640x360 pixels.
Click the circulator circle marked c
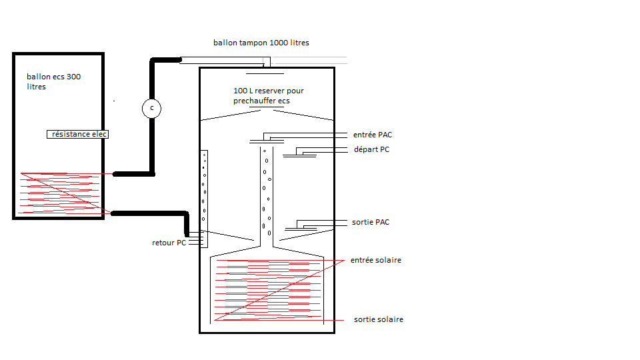tap(152, 108)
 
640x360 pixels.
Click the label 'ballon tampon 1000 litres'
tap(261, 43)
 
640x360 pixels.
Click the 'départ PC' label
tap(371, 149)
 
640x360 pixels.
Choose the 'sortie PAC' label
tap(371, 222)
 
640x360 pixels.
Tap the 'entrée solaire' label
tap(376, 260)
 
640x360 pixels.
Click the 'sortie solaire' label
tap(379, 320)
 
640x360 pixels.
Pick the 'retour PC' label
tap(169, 243)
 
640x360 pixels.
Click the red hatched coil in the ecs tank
tap(63, 193)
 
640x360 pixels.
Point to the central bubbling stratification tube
tap(267, 193)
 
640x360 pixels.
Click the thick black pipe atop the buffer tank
tap(167, 61)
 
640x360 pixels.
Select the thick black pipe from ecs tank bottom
tap(150, 213)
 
